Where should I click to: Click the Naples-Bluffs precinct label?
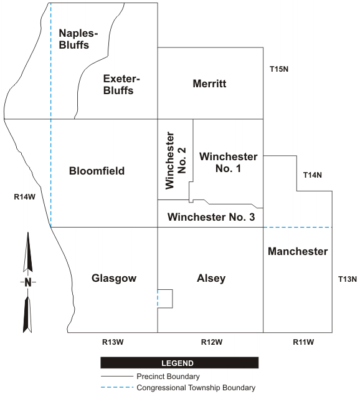(x=78, y=39)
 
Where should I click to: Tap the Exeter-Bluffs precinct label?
(x=121, y=84)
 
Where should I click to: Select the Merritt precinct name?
(x=209, y=84)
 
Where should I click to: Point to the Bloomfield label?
(x=97, y=171)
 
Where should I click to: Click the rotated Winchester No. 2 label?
(x=176, y=160)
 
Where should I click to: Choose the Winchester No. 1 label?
(x=229, y=162)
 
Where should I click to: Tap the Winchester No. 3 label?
(x=211, y=217)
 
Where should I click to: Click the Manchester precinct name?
(x=298, y=251)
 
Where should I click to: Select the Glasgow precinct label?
(x=114, y=279)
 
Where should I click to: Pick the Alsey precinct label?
(x=211, y=279)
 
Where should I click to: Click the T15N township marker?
(x=279, y=69)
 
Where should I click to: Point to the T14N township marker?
(x=313, y=175)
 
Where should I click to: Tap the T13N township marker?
(x=348, y=279)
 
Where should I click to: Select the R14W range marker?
(x=25, y=197)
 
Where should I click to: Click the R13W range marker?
(x=113, y=342)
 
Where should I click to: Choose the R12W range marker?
(x=212, y=342)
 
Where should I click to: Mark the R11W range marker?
(x=303, y=342)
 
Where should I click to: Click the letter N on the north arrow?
(x=28, y=282)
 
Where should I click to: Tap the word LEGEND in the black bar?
(x=178, y=363)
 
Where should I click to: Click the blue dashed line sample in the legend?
(x=117, y=388)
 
